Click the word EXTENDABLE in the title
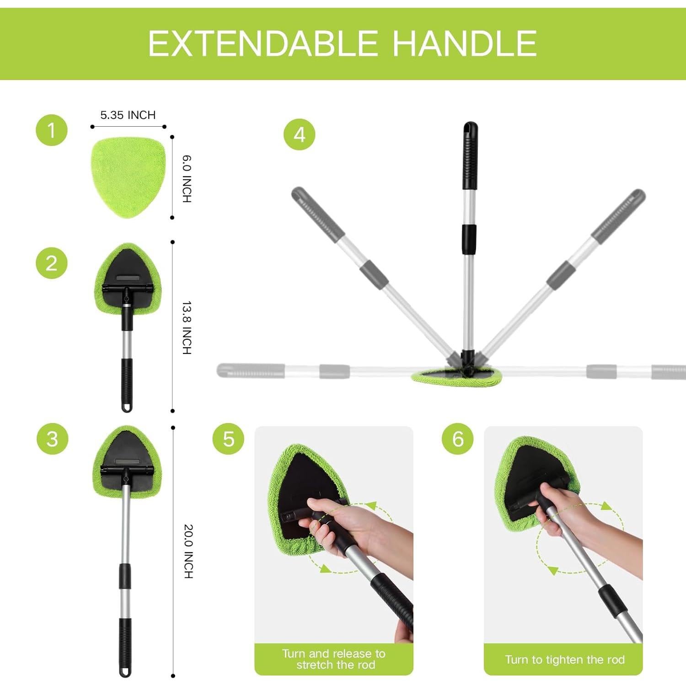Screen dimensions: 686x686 pyautogui.click(x=263, y=44)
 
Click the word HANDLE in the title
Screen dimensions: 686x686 pyautogui.click(x=465, y=44)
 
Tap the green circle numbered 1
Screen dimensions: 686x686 pyautogui.click(x=52, y=130)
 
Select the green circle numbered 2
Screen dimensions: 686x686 pyautogui.click(x=52, y=263)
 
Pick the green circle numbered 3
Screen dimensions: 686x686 pyautogui.click(x=53, y=439)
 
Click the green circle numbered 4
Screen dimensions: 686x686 pyautogui.click(x=299, y=135)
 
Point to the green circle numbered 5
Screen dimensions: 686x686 pyautogui.click(x=228, y=439)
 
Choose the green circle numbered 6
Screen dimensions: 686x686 pyautogui.click(x=457, y=439)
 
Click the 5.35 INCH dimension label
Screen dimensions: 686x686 pyautogui.click(x=128, y=115)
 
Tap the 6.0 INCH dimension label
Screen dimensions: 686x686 pyautogui.click(x=187, y=179)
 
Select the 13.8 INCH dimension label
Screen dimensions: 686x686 pyautogui.click(x=187, y=327)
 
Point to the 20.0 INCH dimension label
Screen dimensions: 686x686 pyautogui.click(x=188, y=551)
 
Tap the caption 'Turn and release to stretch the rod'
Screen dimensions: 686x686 pyautogui.click(x=334, y=659)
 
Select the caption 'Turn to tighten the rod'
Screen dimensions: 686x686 pyautogui.click(x=564, y=659)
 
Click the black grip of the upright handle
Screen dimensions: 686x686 pyautogui.click(x=470, y=158)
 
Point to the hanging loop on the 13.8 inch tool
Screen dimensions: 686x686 pyautogui.click(x=127, y=407)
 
